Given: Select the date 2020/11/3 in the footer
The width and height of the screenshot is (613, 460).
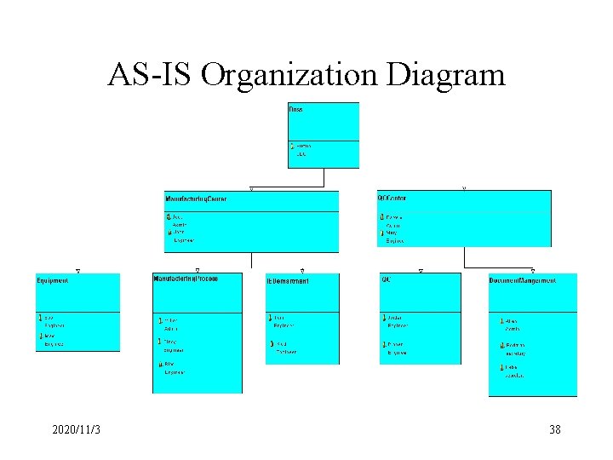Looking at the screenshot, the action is pos(76,430).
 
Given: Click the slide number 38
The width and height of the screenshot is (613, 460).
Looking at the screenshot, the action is pos(554,430).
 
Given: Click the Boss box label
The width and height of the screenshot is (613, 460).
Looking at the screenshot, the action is pos(296,109).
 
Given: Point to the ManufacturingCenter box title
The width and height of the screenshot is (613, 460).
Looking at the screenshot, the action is pos(196,198).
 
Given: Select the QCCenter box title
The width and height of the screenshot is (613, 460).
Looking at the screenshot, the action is pos(392,198).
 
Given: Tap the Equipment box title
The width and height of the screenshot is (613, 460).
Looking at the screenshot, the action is pos(52,280).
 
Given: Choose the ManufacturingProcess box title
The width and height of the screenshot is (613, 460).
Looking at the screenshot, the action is pos(186,279).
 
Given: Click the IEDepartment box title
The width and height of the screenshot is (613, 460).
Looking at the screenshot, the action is pos(288,280).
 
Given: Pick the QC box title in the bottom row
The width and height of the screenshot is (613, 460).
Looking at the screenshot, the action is pos(386,279).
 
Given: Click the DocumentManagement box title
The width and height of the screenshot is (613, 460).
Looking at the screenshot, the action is pos(523,280).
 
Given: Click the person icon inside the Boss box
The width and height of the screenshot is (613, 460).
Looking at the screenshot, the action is pos(292,147).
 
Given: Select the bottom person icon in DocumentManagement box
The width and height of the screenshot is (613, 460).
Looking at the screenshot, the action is pos(501,367).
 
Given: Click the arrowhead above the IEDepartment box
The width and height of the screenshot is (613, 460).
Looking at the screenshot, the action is pos(302,270).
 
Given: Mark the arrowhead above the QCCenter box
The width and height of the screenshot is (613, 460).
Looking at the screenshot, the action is pos(463,187).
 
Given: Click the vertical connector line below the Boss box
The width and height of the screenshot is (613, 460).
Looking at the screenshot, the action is pos(324,177).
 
